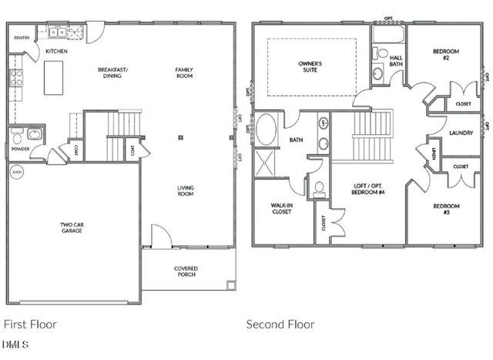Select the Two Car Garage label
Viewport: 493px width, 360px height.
pos(72,228)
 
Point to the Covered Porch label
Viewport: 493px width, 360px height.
pos(186,272)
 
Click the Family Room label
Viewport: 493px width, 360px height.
pos(183,72)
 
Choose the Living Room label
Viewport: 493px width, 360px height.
pos(185,190)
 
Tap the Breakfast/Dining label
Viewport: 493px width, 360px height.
pos(112,72)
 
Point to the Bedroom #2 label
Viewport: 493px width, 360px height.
pos(445,54)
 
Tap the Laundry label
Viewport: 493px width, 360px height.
pos(460,133)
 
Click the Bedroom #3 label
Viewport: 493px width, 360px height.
pos(445,209)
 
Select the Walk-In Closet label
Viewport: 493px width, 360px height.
pos(280,208)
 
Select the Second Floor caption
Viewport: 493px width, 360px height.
pos(280,325)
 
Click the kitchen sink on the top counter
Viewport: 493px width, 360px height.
pos(58,32)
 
